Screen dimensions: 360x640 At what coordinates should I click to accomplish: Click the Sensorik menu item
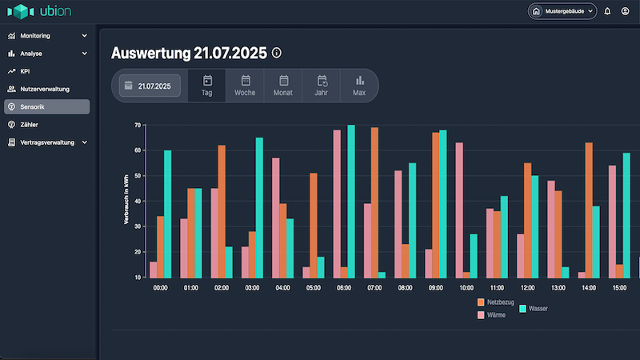(46, 106)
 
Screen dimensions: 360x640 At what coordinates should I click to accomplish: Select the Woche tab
(245, 86)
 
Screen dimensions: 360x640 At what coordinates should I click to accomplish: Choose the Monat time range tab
(283, 86)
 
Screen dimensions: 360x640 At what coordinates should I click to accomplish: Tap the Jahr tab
(322, 86)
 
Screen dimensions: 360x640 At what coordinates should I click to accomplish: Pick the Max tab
(359, 86)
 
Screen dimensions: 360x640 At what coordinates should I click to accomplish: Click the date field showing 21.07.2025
(150, 86)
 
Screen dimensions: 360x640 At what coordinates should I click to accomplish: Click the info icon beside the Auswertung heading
(277, 53)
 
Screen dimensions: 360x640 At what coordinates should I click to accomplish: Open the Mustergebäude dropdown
(562, 11)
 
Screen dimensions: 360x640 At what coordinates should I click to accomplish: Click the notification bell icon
(607, 11)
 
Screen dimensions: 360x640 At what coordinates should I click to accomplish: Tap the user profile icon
(626, 11)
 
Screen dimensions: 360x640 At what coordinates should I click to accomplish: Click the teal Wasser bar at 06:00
(351, 201)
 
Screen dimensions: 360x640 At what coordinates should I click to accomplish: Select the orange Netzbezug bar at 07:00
(374, 202)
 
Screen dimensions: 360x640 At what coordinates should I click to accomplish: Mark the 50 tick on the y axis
(137, 175)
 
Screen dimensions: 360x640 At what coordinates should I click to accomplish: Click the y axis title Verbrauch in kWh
(126, 200)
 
